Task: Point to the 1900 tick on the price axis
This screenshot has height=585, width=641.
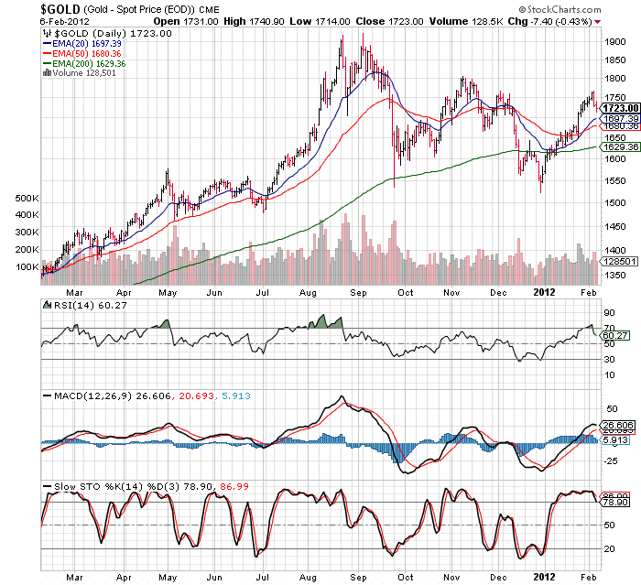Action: tap(615, 42)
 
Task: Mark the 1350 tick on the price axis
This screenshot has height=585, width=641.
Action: tap(615, 274)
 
